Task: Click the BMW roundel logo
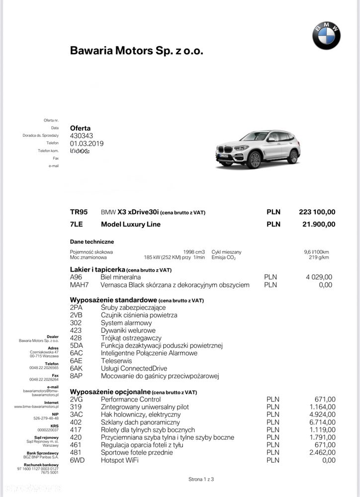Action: (326, 35)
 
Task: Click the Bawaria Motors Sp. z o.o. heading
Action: (137, 51)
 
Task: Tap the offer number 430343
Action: (82, 136)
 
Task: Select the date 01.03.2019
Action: (87, 143)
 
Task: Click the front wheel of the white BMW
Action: (255, 160)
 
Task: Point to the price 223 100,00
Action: (317, 212)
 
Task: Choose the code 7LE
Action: (78, 224)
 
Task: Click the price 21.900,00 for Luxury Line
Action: (319, 224)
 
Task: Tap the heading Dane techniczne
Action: (92, 242)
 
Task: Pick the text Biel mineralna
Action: (120, 277)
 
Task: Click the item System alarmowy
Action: (125, 323)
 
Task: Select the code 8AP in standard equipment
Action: (76, 376)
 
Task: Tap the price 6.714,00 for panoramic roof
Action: (325, 422)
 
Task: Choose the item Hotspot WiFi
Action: (120, 460)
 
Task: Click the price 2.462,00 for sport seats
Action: (325, 453)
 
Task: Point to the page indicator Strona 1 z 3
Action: (201, 479)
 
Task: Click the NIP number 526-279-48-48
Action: (46, 418)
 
